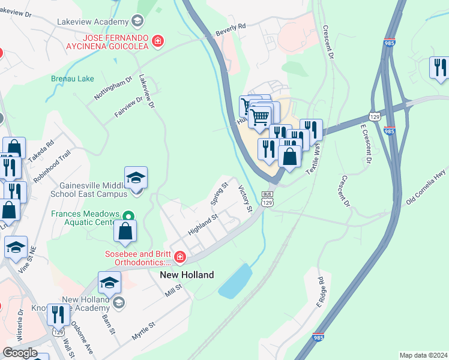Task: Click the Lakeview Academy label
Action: tap(92, 22)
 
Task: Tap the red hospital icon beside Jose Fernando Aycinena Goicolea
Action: tap(157, 41)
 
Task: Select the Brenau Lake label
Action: tap(72, 79)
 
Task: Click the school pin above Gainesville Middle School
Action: tap(136, 178)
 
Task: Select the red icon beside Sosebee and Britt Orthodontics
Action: tap(179, 257)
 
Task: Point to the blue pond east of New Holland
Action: tap(235, 281)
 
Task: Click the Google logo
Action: tap(20, 352)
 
